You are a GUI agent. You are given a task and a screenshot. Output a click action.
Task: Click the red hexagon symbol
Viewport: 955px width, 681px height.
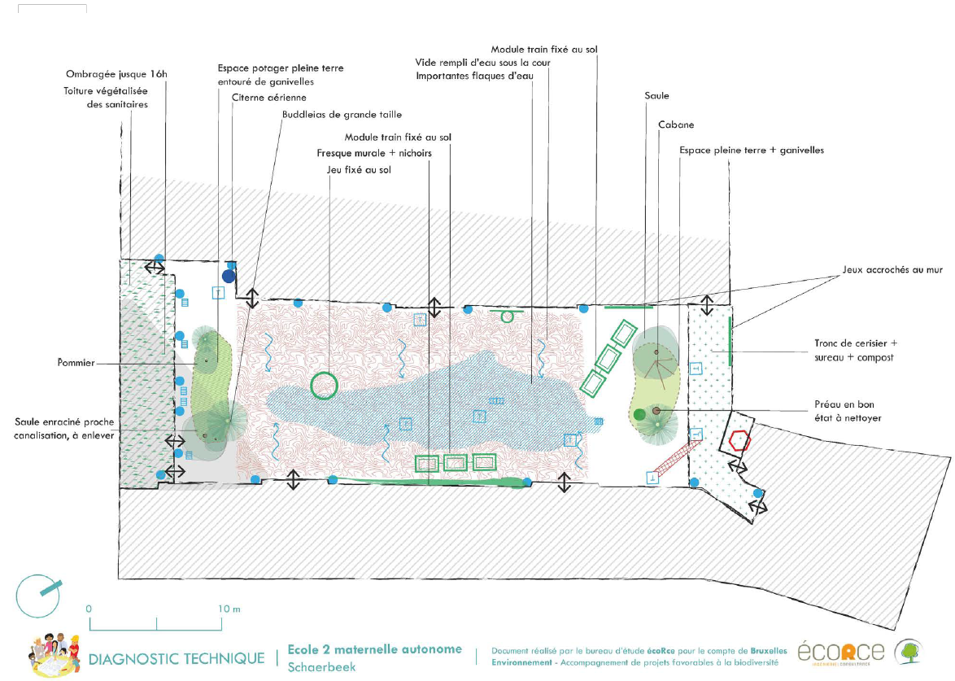pyautogui.click(x=739, y=440)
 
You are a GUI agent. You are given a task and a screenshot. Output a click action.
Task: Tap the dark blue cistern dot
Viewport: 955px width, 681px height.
pyautogui.click(x=229, y=276)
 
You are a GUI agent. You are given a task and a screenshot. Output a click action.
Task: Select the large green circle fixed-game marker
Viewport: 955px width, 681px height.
pyautogui.click(x=324, y=385)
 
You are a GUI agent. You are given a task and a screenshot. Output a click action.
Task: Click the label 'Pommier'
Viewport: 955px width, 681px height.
pyautogui.click(x=77, y=364)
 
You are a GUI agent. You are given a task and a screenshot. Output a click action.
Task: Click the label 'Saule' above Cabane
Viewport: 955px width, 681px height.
pyautogui.click(x=656, y=95)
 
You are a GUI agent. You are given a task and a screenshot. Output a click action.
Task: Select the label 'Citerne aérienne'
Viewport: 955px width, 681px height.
pyautogui.click(x=258, y=98)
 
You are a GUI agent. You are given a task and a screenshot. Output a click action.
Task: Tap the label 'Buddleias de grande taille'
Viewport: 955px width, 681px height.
pyautogui.click(x=342, y=114)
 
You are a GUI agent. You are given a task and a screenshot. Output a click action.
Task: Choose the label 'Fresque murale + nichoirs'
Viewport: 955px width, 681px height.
pyautogui.click(x=373, y=153)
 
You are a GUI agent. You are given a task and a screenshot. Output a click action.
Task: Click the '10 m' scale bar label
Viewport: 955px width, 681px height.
pyautogui.click(x=230, y=609)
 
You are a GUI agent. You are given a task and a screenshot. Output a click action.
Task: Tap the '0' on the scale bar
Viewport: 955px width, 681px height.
pyautogui.click(x=89, y=609)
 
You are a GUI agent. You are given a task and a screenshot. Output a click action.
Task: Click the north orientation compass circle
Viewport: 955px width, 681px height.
pyautogui.click(x=38, y=596)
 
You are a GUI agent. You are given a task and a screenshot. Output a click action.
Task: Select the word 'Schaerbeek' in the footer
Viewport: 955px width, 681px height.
pyautogui.click(x=321, y=667)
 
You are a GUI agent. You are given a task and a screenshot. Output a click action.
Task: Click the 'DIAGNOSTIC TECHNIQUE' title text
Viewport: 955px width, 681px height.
pyautogui.click(x=176, y=658)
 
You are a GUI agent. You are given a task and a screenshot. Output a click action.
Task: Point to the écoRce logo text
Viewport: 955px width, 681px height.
pyautogui.click(x=840, y=653)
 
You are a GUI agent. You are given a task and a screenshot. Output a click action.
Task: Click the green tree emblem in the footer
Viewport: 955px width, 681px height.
pyautogui.click(x=909, y=652)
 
